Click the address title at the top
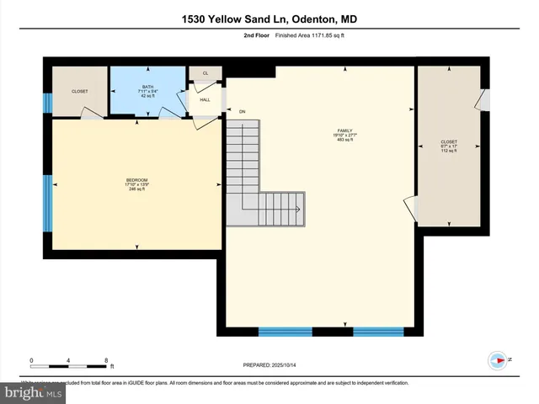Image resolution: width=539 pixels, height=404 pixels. point(269,19)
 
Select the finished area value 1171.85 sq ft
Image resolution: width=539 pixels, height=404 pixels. point(323,36)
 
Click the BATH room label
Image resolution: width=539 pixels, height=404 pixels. point(147,88)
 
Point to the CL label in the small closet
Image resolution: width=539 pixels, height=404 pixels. point(205,73)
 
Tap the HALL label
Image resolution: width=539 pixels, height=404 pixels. point(205,99)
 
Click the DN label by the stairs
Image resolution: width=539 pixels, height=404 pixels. point(242,111)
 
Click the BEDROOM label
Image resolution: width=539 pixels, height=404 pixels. point(136,180)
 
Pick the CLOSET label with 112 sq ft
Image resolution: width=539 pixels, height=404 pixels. point(449,142)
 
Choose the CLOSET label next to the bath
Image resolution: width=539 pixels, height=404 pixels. point(79,91)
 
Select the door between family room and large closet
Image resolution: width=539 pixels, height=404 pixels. point(410,207)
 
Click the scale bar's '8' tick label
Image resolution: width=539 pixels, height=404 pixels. point(107,360)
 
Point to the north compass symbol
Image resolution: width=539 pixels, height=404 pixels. point(499,360)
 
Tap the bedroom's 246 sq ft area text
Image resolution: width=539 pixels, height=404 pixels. point(136,189)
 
